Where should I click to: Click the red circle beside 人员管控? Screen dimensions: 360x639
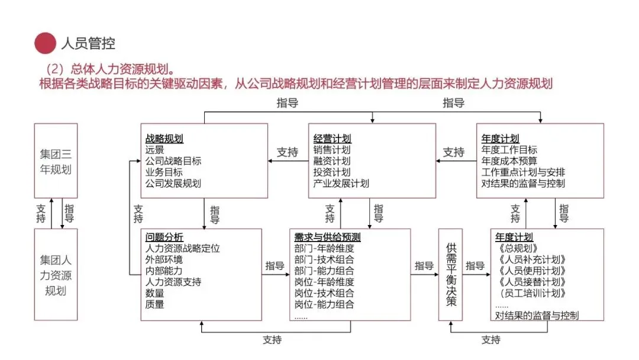[45, 43]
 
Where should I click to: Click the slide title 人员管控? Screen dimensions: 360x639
[88, 43]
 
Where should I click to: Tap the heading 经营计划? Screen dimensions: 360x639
[332, 139]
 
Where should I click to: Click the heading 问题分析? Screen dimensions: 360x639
[164, 237]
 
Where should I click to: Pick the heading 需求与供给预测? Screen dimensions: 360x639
[327, 237]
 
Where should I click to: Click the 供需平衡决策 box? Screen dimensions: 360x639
[451, 274]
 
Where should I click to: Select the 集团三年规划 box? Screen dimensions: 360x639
[56, 160]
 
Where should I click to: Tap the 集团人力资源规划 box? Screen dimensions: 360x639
[56, 275]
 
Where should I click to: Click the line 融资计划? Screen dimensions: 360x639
[332, 161]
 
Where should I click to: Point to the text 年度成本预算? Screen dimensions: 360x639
[509, 161]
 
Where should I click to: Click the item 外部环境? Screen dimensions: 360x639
[164, 259]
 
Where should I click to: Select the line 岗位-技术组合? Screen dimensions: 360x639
[324, 293]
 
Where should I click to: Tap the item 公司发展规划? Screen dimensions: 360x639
[173, 184]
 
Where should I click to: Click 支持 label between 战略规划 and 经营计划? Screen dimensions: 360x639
[288, 153]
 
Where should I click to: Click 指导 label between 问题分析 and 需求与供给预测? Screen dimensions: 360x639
[275, 266]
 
